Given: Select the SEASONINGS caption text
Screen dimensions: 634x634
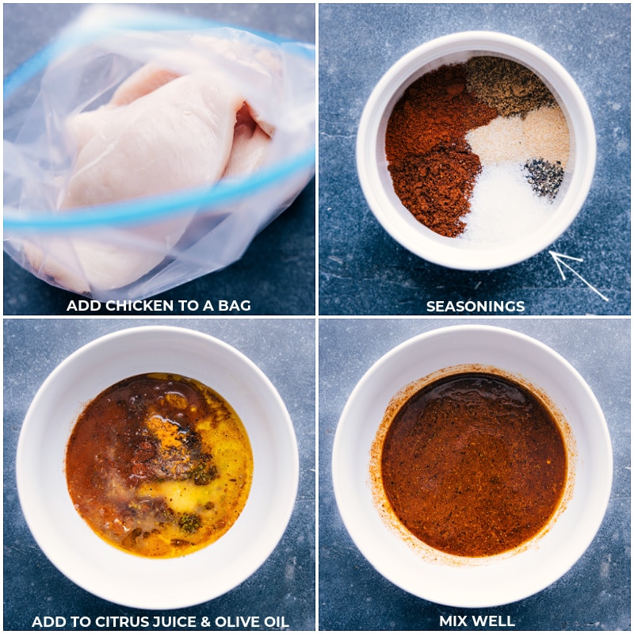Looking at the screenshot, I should coord(475,306).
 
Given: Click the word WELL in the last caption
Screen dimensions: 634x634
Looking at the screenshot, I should coord(495,621).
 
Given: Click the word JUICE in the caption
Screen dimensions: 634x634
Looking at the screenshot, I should coord(180,621).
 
